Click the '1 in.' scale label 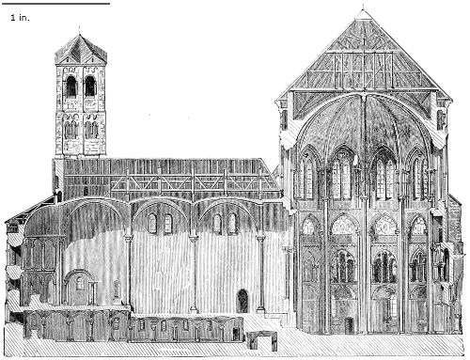tap(20, 18)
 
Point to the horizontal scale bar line tap(55, 4)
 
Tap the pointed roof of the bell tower tap(81, 49)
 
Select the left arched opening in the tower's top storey tap(71, 86)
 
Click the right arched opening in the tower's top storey tap(90, 86)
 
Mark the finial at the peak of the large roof tap(363, 8)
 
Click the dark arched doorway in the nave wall tap(243, 301)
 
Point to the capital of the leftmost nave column tap(129, 239)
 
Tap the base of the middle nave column tap(194, 309)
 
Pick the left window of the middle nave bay tap(152, 224)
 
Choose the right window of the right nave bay tap(232, 223)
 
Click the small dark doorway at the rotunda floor tap(349, 325)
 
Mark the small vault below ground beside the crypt tap(261, 341)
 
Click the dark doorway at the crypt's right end tap(236, 335)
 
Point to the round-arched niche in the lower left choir tap(80, 288)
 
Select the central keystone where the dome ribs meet tap(364, 95)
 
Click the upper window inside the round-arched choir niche tap(80, 283)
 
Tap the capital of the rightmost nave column tap(260, 239)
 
